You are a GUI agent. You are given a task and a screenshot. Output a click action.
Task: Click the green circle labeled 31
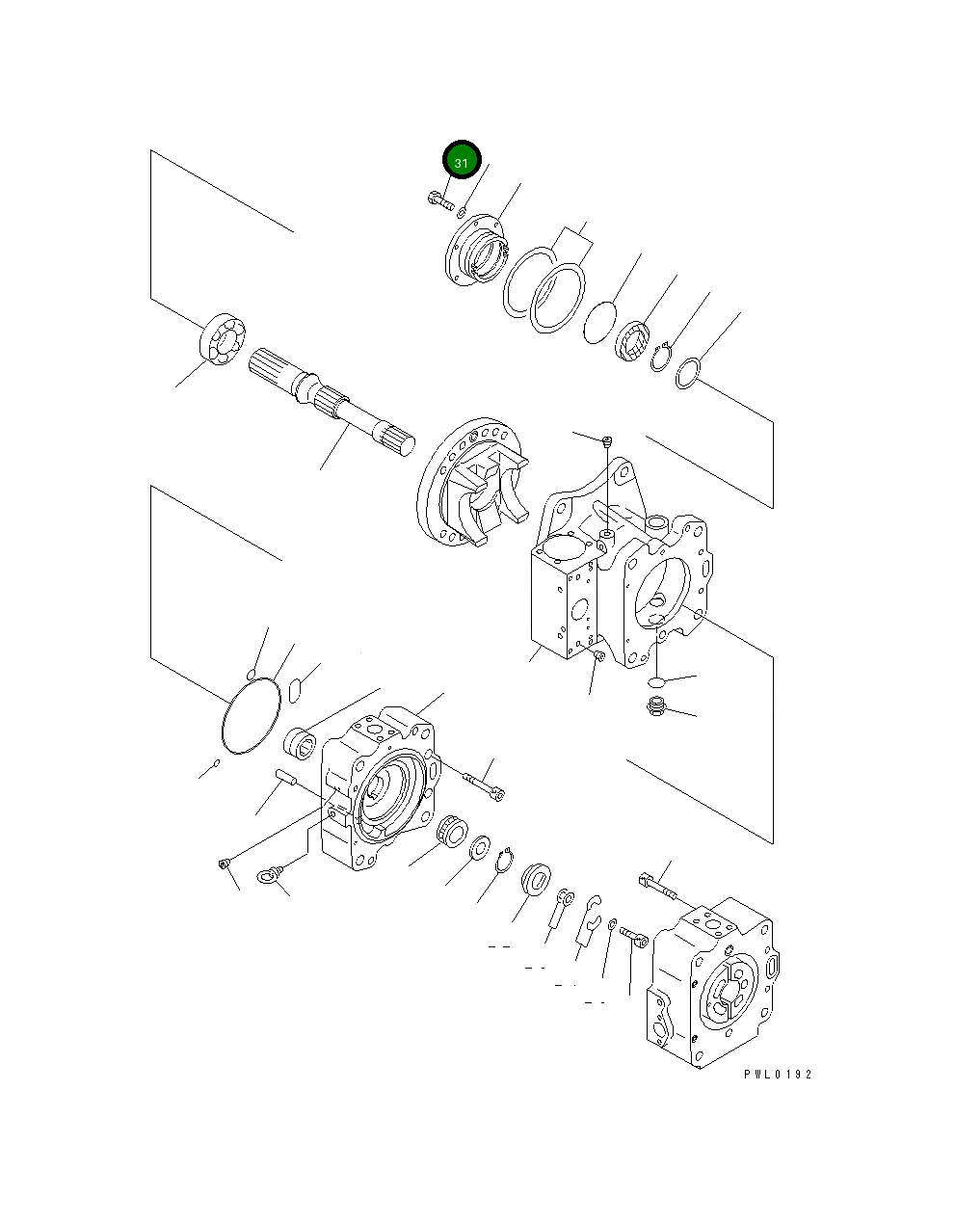coord(461,162)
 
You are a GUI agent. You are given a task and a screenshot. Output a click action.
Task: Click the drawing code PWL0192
coord(777,1075)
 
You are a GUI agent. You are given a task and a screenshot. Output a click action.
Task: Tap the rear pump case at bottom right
coord(711,983)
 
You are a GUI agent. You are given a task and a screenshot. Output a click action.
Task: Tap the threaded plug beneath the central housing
coord(656,710)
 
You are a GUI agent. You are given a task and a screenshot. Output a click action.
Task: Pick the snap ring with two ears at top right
coord(661,358)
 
